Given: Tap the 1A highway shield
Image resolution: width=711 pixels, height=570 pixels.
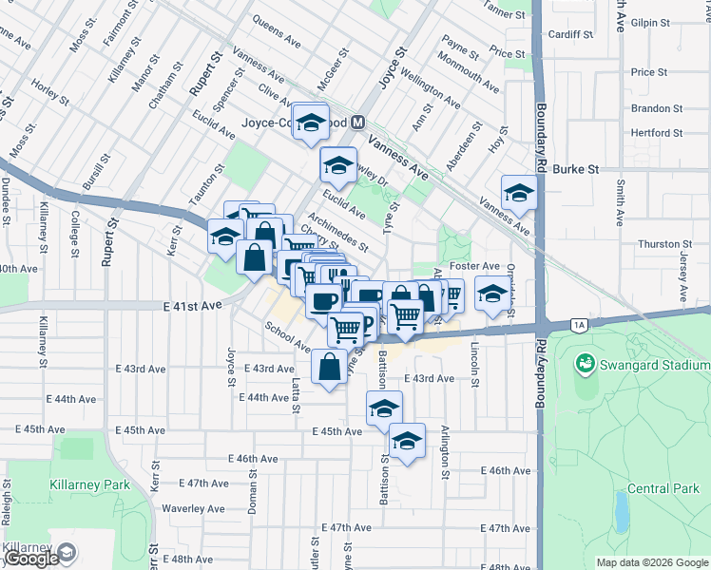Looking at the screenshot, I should point(579,326).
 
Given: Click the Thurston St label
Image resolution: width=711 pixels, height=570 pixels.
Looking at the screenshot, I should point(661,244).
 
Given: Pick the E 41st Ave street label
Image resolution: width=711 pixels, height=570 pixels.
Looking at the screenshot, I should point(192,306).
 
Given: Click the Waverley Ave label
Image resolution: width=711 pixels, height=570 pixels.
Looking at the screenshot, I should point(191,508).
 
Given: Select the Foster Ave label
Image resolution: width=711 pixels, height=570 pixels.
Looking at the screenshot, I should point(475,266).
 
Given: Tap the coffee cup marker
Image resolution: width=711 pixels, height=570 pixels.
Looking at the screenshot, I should point(323,301).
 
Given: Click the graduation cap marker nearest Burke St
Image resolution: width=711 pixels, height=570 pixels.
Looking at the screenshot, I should point(518,194).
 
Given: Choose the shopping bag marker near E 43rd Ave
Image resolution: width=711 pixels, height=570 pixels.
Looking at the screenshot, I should point(329,367).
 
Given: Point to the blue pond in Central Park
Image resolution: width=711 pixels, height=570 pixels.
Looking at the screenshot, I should point(622,511).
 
